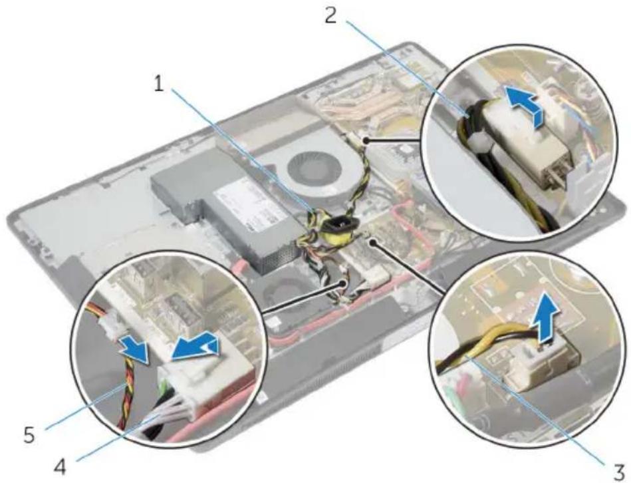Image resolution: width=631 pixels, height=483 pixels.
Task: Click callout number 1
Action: (160, 83)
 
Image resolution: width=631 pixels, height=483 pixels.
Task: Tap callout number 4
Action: (61, 468)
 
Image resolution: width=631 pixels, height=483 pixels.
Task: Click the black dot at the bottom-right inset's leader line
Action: (373, 242)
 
